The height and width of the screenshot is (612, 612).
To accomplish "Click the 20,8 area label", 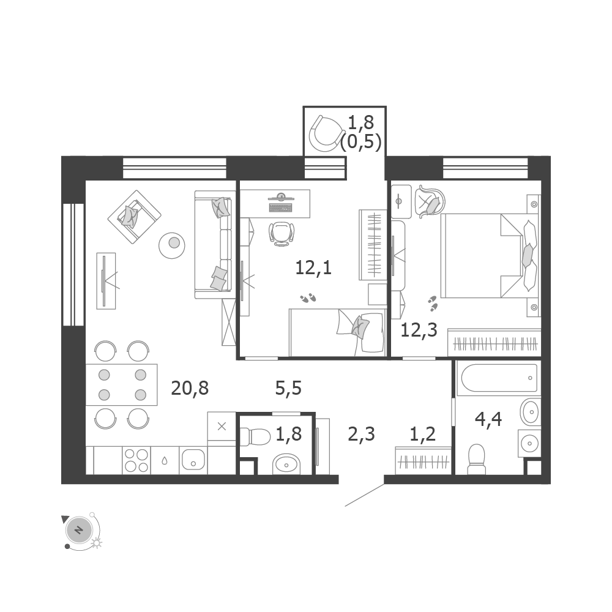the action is [x=190, y=388].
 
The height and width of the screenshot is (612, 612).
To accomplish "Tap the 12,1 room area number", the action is [x=313, y=268].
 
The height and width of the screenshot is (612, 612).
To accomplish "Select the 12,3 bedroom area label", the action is [x=419, y=330].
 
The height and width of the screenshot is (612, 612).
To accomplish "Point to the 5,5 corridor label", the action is [x=288, y=388].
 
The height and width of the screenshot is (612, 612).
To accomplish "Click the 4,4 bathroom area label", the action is [x=488, y=419].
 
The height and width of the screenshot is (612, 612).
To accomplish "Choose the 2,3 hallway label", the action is [x=362, y=434].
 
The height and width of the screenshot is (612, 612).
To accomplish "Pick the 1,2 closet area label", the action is [x=423, y=434].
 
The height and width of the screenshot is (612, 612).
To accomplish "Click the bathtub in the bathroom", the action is [x=499, y=378].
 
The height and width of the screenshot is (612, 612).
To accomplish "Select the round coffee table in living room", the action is [x=172, y=245].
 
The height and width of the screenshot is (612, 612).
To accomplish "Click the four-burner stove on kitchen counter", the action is [x=136, y=461].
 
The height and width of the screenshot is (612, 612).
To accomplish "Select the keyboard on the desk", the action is [x=280, y=207].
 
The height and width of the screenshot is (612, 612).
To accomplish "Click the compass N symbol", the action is [x=79, y=531].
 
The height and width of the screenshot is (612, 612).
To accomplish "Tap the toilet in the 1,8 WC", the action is [x=255, y=436].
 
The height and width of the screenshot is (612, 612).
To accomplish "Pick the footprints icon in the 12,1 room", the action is [x=308, y=299].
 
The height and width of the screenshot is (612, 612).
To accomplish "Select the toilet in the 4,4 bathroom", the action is [x=477, y=459].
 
